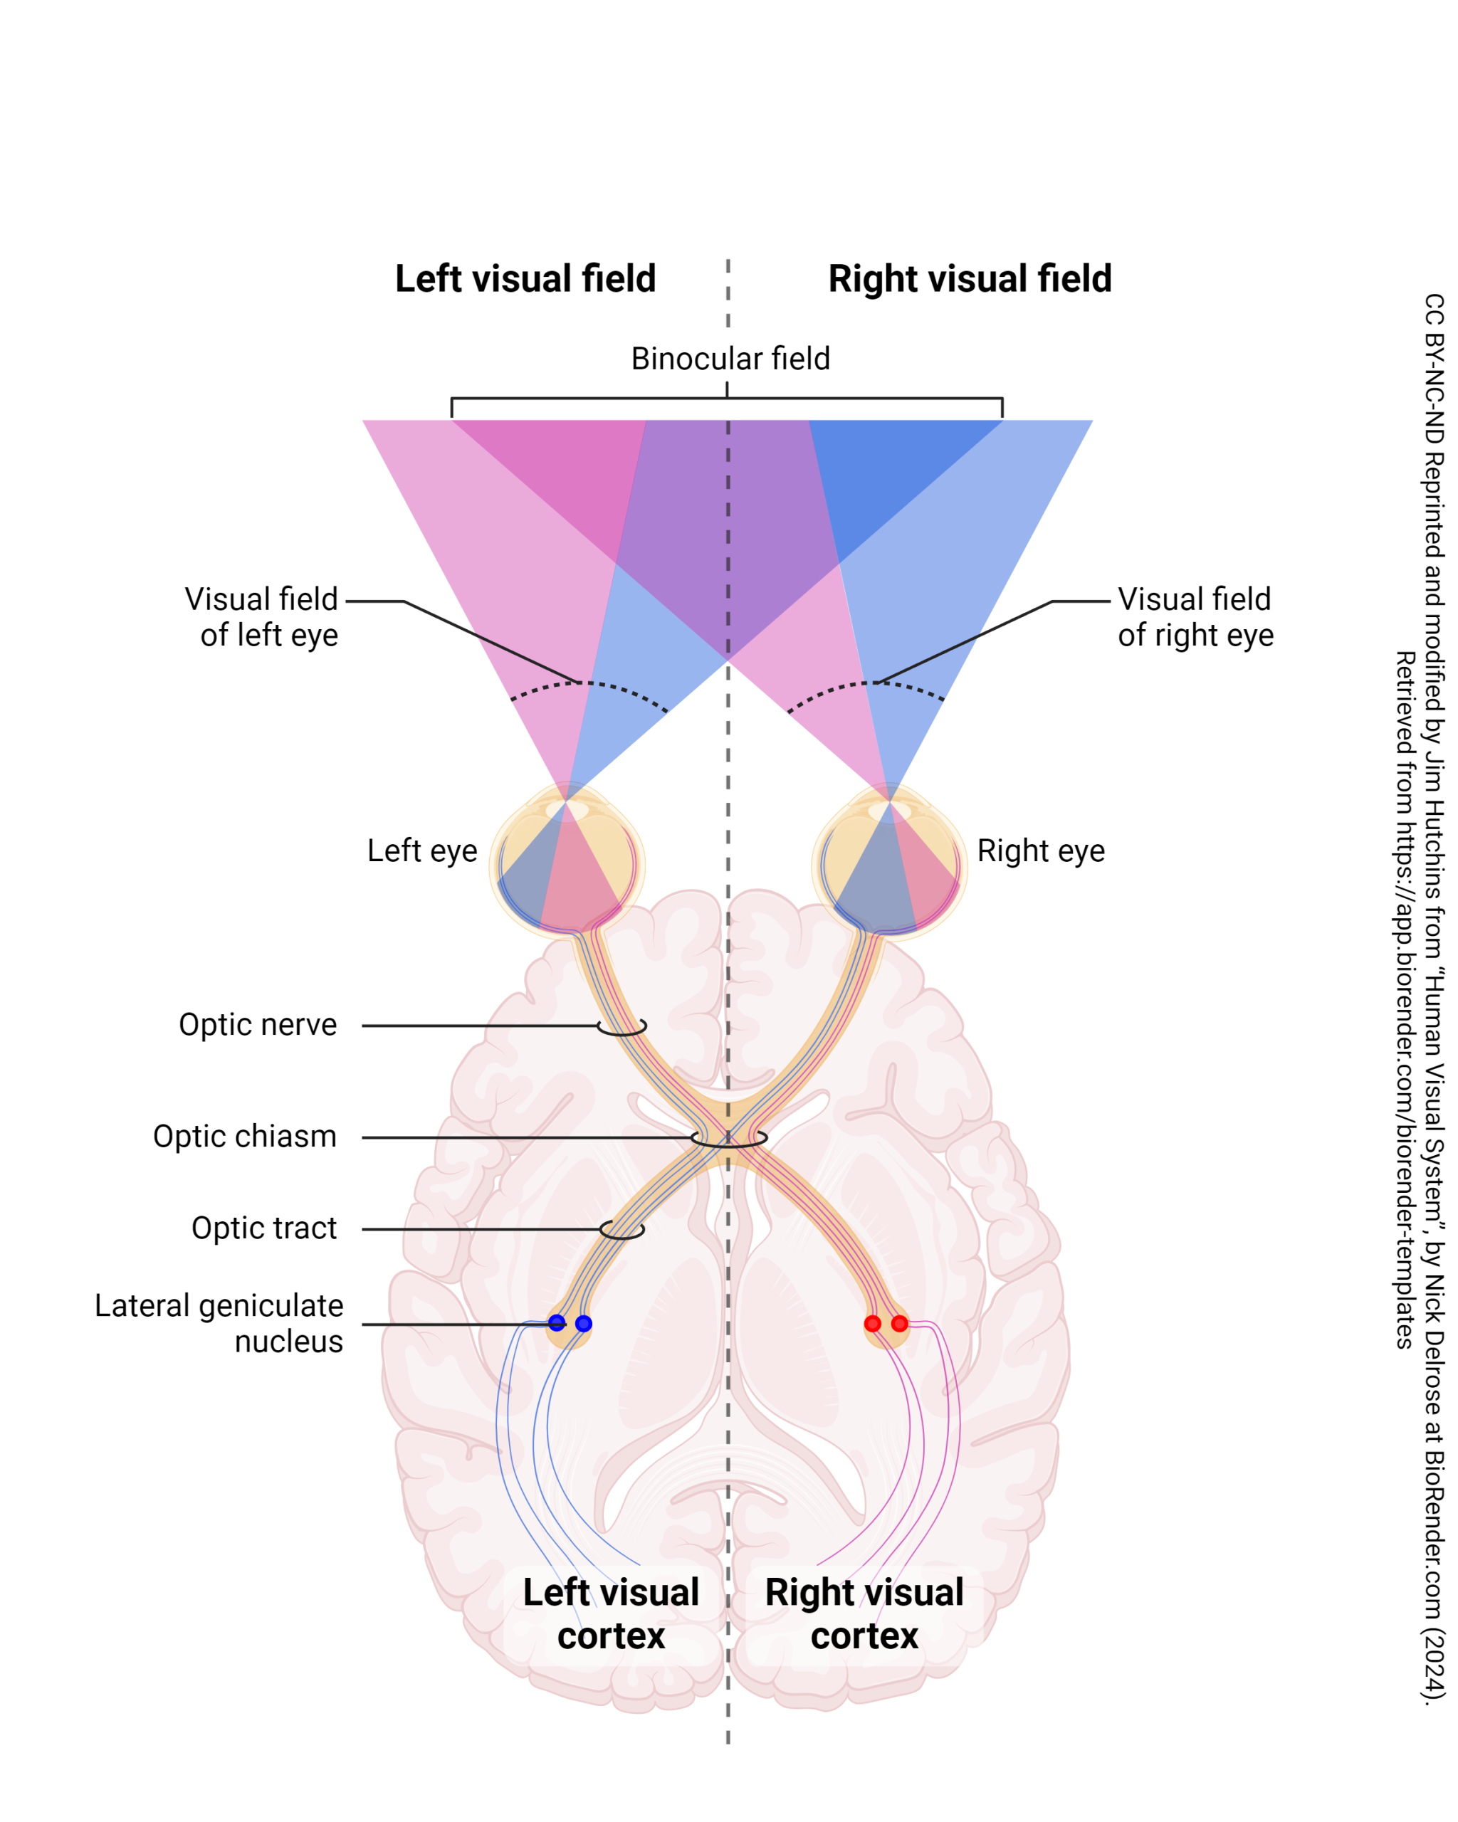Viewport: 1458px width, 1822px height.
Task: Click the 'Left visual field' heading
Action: (x=525, y=279)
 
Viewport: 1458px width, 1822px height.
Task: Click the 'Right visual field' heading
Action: (x=970, y=279)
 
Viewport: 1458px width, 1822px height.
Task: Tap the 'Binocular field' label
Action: (x=730, y=358)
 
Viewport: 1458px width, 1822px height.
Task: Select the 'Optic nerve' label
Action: (x=258, y=1024)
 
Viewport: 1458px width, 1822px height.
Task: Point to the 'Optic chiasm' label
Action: (x=244, y=1136)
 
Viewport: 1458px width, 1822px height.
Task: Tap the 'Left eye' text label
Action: (x=421, y=851)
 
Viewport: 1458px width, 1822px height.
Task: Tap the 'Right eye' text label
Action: (x=1041, y=851)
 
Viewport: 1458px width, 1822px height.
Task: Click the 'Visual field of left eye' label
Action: (x=261, y=617)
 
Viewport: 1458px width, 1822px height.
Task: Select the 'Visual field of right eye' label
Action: (x=1195, y=617)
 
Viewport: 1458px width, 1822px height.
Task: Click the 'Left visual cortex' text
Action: (x=610, y=1614)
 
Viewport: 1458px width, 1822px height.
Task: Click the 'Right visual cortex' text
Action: (x=864, y=1614)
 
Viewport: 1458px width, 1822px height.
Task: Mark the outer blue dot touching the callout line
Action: (x=556, y=1322)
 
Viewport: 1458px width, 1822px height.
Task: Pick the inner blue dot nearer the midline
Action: (x=583, y=1323)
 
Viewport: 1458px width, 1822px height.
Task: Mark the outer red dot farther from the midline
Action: (x=899, y=1323)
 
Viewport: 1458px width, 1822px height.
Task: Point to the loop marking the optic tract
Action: (x=622, y=1230)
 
